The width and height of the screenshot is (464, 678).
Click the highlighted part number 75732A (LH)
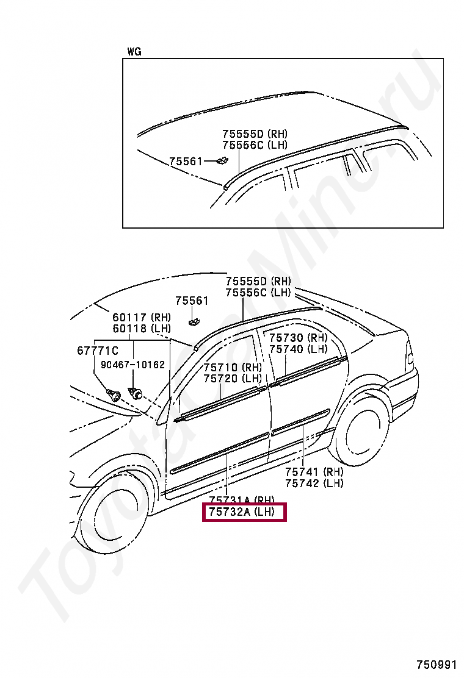(244, 513)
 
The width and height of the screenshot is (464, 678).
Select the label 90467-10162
(133, 365)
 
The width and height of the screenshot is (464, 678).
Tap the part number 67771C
(98, 351)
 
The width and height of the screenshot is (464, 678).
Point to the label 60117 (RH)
(142, 318)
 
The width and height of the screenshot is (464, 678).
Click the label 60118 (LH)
(142, 329)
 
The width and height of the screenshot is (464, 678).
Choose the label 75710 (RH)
(232, 368)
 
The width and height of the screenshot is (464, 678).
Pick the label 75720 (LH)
(232, 379)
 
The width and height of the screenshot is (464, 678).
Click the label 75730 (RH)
(298, 338)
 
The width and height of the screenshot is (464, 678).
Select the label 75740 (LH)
(298, 349)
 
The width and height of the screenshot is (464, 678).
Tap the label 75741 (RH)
(314, 472)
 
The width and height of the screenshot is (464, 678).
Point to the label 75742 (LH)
(314, 483)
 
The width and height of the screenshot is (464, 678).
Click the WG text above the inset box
(134, 52)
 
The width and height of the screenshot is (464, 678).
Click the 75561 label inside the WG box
(186, 161)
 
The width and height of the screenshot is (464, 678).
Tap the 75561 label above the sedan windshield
(192, 301)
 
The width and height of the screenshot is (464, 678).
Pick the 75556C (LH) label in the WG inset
(255, 145)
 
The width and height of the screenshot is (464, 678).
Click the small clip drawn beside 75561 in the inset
(221, 161)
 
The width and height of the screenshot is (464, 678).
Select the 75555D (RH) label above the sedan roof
(258, 282)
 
